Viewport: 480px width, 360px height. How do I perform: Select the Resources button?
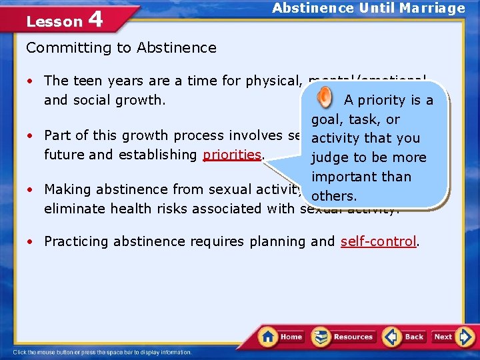click(343, 337)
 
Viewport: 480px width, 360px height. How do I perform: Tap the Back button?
click(404, 337)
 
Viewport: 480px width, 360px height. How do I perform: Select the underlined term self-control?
click(378, 241)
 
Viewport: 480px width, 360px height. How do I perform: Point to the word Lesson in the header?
click(54, 21)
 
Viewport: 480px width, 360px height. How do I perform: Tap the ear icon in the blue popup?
click(323, 99)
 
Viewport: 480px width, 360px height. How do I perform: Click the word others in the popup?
click(335, 197)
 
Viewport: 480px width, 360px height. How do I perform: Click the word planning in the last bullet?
click(278, 241)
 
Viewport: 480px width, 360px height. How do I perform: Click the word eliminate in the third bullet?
click(73, 209)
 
